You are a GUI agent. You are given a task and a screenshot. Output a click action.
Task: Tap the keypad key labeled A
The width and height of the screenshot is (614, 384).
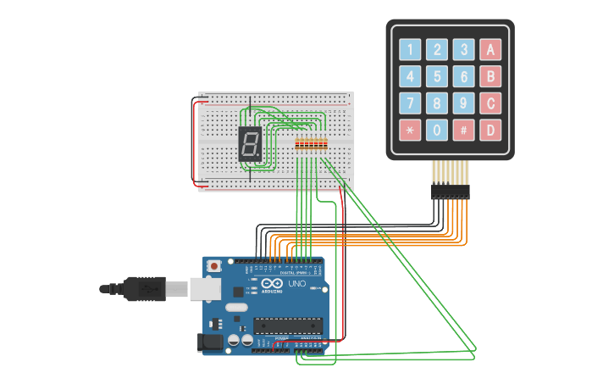pyautogui.click(x=490, y=49)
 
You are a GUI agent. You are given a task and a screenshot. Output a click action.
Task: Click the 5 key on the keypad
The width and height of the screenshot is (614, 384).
pyautogui.click(x=437, y=76)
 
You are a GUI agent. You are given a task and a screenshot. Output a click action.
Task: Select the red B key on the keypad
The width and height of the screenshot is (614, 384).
pyautogui.click(x=490, y=76)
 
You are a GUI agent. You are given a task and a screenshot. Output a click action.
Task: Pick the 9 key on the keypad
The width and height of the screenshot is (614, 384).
pyautogui.click(x=463, y=103)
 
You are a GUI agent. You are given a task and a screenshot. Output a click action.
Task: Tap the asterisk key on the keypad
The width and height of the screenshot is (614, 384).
pyautogui.click(x=411, y=131)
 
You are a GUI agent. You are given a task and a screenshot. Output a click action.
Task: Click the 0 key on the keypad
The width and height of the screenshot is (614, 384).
pyautogui.click(x=437, y=131)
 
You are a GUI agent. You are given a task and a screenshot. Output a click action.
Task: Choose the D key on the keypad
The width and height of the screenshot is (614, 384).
pyautogui.click(x=490, y=131)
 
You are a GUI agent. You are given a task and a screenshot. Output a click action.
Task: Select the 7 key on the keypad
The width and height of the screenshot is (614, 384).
pyautogui.click(x=411, y=103)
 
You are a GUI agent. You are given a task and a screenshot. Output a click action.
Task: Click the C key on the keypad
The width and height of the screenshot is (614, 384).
pyautogui.click(x=490, y=103)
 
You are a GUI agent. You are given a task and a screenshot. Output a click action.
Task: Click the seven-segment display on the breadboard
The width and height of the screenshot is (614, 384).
pyautogui.click(x=250, y=143)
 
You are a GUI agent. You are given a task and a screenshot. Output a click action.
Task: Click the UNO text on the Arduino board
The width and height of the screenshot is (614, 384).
pyautogui.click(x=297, y=283)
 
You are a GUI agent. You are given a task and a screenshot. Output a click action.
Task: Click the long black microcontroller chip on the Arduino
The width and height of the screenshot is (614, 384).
pyautogui.click(x=288, y=325)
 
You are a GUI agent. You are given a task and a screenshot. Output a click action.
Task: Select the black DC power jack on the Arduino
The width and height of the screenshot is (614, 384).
pyautogui.click(x=209, y=342)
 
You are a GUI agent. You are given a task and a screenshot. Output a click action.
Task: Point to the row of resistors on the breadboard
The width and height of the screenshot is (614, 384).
pyautogui.click(x=311, y=143)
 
